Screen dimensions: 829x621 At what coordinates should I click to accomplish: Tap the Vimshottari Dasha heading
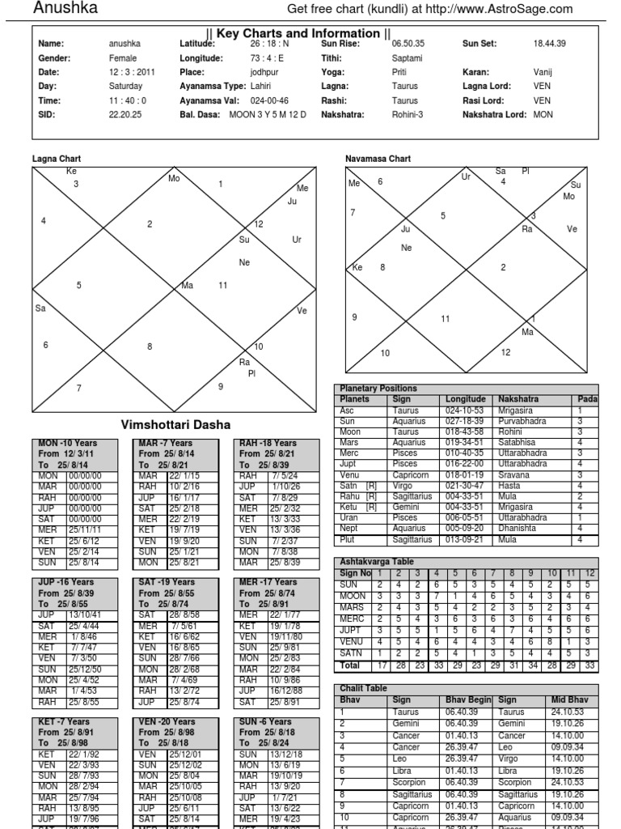coord(175,425)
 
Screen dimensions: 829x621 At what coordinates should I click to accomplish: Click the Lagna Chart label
coord(57,159)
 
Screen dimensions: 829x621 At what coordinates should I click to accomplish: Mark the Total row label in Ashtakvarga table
coord(349,665)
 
